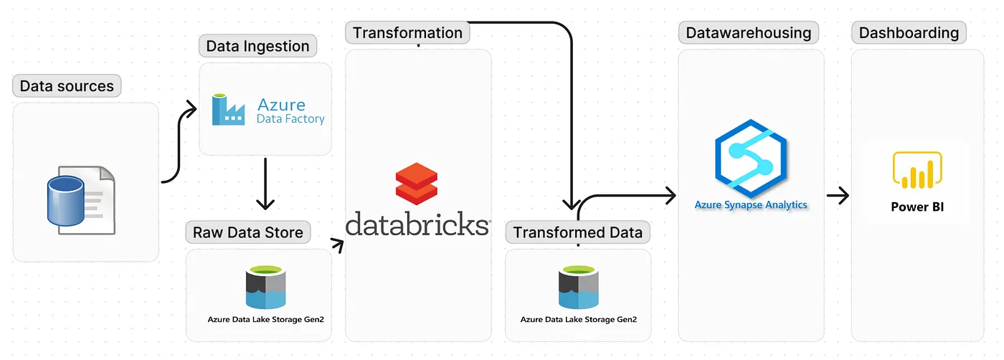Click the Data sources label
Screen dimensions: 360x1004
(x=67, y=86)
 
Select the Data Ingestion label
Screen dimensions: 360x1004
(x=257, y=46)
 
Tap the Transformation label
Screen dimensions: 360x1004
(x=407, y=32)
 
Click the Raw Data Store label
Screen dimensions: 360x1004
(x=248, y=232)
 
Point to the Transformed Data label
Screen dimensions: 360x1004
(x=578, y=232)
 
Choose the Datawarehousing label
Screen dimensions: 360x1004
(x=748, y=32)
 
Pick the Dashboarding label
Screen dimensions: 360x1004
(x=909, y=32)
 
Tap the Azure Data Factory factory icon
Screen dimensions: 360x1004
(x=229, y=110)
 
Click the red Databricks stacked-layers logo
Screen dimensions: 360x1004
(x=417, y=183)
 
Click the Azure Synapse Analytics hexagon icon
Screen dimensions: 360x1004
(x=751, y=159)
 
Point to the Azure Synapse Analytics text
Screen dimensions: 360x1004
(x=751, y=205)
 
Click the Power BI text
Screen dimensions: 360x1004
(x=917, y=207)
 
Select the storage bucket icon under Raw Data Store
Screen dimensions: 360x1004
(x=265, y=288)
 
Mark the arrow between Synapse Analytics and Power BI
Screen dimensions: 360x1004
(x=838, y=195)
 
